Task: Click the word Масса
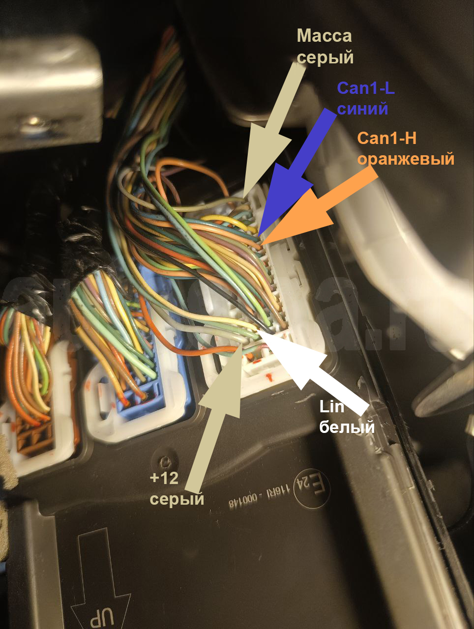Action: click(325, 36)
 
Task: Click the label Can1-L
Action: click(366, 88)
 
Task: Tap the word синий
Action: click(363, 108)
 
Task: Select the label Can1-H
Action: click(387, 139)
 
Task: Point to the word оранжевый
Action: click(406, 159)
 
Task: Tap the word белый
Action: click(347, 427)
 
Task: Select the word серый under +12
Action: click(177, 499)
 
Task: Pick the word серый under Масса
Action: click(326, 57)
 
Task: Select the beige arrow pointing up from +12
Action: click(216, 418)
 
